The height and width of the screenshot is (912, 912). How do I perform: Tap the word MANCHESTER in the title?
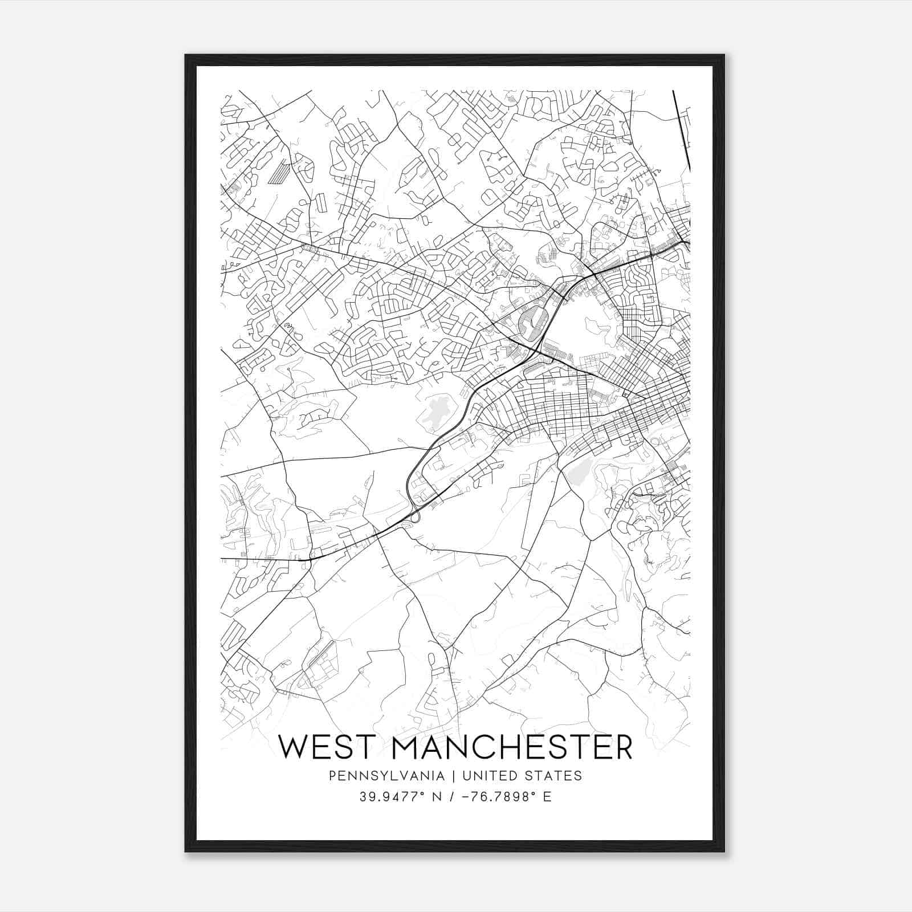(512, 747)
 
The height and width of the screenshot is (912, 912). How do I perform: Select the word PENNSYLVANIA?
(378, 775)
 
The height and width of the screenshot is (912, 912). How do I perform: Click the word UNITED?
(488, 775)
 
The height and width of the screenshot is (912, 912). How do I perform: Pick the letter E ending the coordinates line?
(547, 796)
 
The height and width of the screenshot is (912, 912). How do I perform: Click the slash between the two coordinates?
(451, 796)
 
